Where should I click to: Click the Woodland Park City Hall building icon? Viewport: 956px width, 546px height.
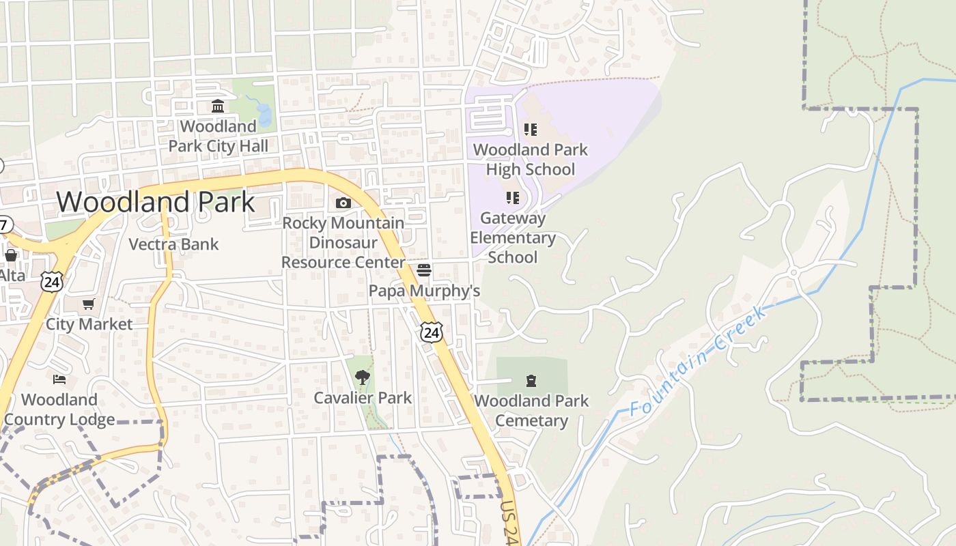(x=218, y=106)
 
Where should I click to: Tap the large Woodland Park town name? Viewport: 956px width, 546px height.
(x=156, y=202)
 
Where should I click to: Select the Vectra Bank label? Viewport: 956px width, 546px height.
(x=173, y=244)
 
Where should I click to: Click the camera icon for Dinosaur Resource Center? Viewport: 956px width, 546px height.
(x=343, y=203)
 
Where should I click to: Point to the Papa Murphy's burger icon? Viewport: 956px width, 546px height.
(x=424, y=270)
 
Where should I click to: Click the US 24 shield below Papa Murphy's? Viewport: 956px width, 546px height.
(x=432, y=332)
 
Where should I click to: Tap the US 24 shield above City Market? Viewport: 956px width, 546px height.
(x=51, y=281)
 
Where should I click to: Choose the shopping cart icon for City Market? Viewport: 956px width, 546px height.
(x=88, y=304)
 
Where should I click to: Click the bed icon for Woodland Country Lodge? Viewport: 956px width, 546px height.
(x=59, y=379)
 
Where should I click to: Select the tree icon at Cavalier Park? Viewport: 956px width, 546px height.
(x=362, y=377)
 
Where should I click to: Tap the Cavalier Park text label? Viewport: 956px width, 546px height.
(x=363, y=398)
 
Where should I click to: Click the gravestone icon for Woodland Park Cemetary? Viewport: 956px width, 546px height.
(x=531, y=380)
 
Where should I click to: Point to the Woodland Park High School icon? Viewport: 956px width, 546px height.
(x=530, y=129)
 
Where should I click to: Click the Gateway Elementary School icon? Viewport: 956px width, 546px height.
(x=512, y=198)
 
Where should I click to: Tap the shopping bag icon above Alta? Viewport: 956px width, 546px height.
(x=11, y=255)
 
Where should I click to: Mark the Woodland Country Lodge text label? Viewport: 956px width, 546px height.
(x=59, y=409)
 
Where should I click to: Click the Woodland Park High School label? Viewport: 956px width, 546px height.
(x=530, y=159)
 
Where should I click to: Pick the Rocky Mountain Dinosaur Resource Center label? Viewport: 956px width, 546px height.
(x=343, y=242)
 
